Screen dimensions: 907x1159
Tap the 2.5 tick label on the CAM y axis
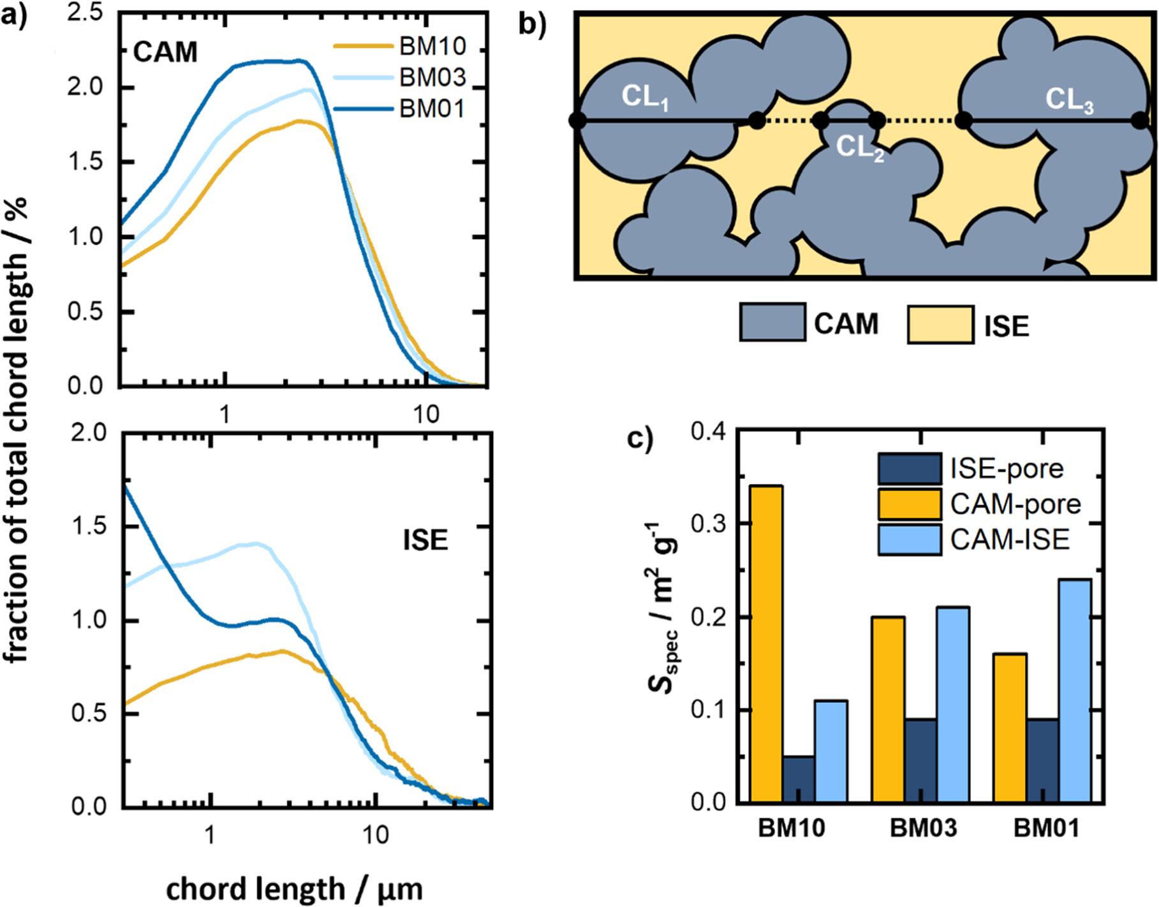click(x=85, y=13)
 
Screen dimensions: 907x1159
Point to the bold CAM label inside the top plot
click(x=165, y=52)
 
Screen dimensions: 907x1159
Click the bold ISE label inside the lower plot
click(x=425, y=540)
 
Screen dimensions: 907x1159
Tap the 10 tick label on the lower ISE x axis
click(x=375, y=835)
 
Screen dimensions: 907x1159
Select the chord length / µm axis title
click(x=294, y=889)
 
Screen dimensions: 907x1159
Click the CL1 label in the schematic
click(x=645, y=98)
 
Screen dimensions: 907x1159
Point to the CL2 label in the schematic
click(x=859, y=148)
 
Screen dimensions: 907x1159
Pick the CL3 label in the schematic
click(x=1069, y=100)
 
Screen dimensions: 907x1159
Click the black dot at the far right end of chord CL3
click(x=1139, y=120)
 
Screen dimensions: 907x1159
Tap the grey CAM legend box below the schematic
click(x=772, y=322)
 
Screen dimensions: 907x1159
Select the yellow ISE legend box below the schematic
click(x=940, y=325)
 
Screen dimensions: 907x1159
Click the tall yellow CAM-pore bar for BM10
click(x=766, y=644)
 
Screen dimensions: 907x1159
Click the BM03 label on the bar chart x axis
click(x=924, y=828)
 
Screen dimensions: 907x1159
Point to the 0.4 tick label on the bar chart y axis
click(x=708, y=431)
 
